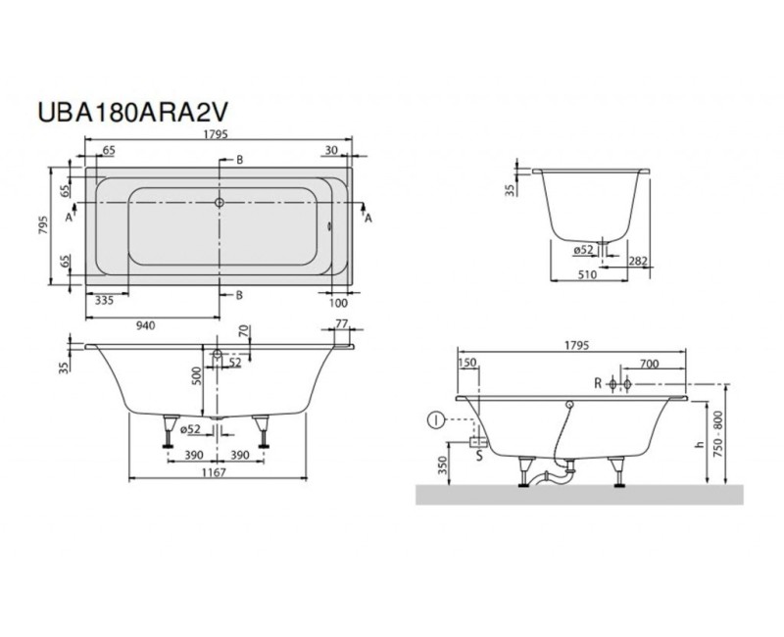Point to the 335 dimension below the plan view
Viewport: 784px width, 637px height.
[x=105, y=303]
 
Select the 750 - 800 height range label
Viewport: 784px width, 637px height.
[x=723, y=439]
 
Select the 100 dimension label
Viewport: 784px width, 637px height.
[x=339, y=303]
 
